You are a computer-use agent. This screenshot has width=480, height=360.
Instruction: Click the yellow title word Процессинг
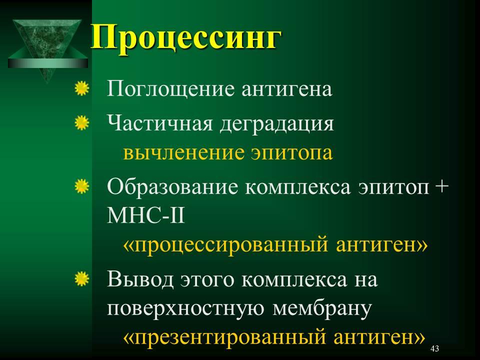click(x=186, y=38)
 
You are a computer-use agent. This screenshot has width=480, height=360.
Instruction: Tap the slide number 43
click(x=434, y=348)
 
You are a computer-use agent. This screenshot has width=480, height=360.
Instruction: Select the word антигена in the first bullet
click(x=286, y=89)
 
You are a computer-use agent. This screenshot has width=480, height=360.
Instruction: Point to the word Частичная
click(x=160, y=123)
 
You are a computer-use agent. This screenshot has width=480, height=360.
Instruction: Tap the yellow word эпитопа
click(x=291, y=153)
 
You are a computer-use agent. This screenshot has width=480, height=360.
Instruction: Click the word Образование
click(x=172, y=187)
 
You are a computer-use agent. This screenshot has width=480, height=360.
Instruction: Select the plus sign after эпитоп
click(x=441, y=186)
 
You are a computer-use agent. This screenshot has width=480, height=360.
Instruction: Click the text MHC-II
click(x=146, y=215)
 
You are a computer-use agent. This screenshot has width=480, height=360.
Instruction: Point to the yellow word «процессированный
click(x=225, y=245)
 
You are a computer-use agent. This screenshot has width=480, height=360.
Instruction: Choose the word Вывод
click(x=140, y=280)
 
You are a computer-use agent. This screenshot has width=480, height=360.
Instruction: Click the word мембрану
click(x=321, y=308)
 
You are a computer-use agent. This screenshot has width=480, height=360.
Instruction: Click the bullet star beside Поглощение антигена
click(x=81, y=88)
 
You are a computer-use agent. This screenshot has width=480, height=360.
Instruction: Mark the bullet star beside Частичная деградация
click(x=81, y=123)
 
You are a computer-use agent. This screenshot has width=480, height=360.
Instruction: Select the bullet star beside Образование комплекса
click(x=81, y=186)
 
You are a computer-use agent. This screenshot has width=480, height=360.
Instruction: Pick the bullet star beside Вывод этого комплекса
click(x=81, y=278)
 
